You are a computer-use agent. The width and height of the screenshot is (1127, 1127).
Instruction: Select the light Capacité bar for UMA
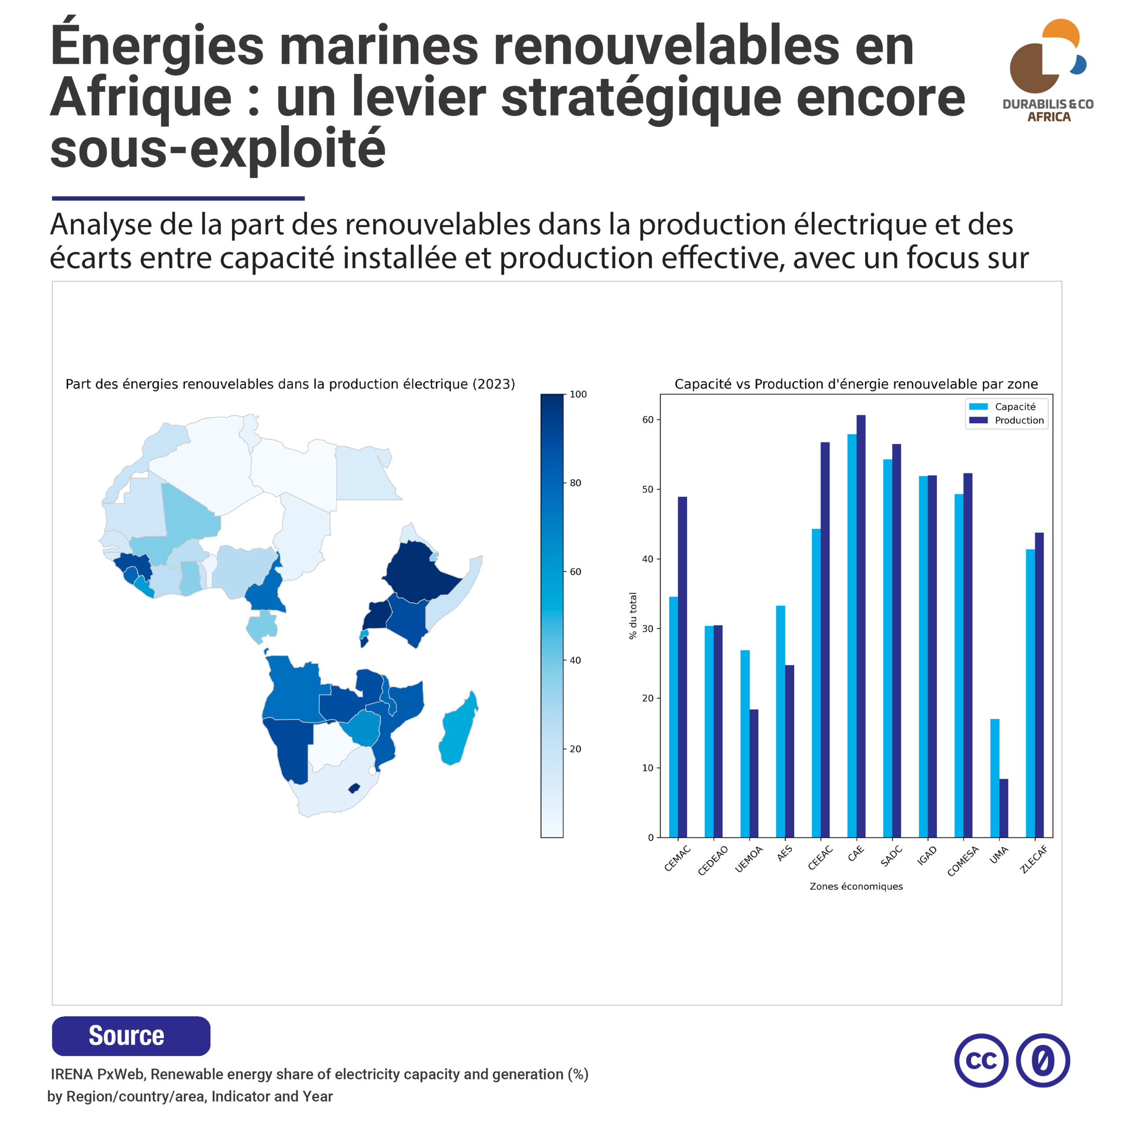994,778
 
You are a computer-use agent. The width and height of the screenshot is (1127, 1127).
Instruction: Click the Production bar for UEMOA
754,773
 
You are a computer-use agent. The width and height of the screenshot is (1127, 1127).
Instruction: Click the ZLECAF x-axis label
1034,859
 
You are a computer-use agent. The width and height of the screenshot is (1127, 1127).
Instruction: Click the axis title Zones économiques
856,886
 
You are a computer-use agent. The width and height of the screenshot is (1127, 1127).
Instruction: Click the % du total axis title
633,615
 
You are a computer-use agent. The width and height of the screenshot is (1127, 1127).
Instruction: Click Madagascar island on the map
458,729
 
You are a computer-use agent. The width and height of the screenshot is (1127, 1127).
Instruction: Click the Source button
131,1036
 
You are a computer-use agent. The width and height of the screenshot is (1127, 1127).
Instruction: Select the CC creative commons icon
981,1061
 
